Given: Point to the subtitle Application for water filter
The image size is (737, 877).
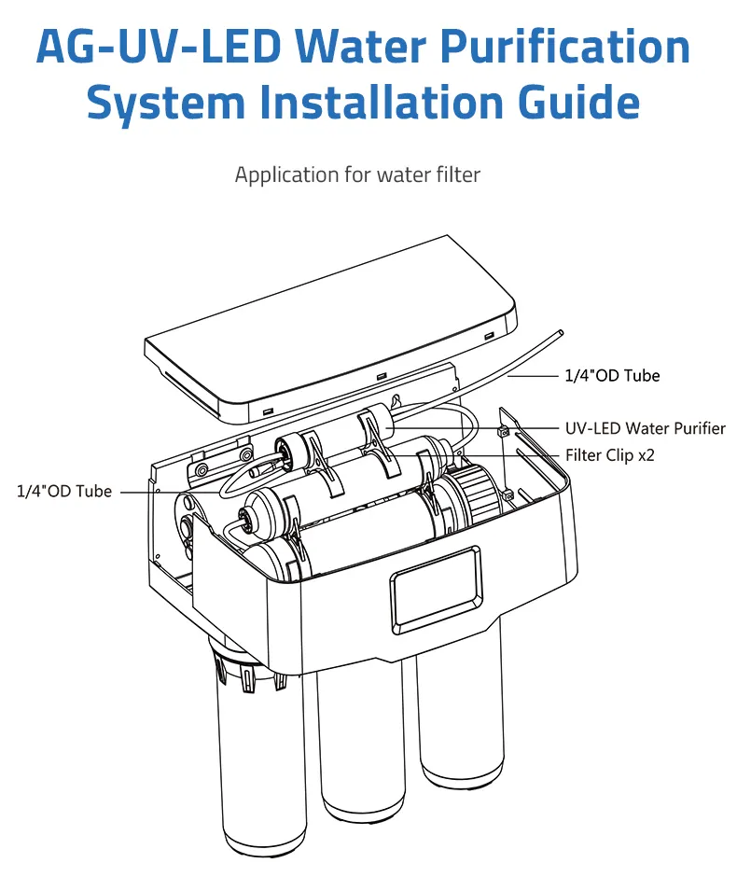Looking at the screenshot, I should pos(357,174).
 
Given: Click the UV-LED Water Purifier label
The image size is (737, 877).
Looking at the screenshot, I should pos(645,428).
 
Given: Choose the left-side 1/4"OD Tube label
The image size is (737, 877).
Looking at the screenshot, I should pos(64,491).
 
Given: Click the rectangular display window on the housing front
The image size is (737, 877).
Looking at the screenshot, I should pos(436,586).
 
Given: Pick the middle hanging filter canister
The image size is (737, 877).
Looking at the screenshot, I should pos(365,746).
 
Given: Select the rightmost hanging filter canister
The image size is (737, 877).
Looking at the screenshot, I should pos(460,718).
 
